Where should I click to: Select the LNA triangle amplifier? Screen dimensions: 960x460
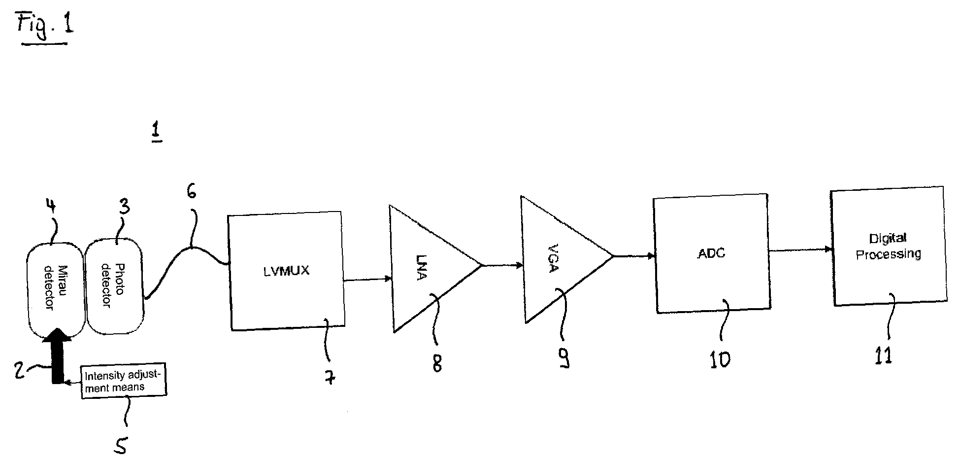pos(424,269)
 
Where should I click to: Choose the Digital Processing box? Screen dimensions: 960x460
pos(889,247)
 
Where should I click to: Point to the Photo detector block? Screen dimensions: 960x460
pos(114,285)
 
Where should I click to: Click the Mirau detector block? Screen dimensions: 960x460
pos(55,288)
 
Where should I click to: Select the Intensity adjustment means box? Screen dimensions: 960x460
pos(123,382)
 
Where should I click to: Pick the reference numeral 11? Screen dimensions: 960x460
pos(884,354)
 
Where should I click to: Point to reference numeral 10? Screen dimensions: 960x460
pos(720,360)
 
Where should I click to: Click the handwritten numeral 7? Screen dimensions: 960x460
pos(331,377)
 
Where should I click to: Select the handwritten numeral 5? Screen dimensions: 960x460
pos(120,445)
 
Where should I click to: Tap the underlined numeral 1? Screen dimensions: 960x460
pos(157,133)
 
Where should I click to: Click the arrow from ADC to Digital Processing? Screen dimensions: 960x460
pos(800,250)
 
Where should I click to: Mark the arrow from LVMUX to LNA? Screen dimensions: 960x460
pos(367,280)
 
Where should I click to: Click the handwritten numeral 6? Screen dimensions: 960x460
pos(191,191)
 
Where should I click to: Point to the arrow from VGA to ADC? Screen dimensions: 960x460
pos(633,256)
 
